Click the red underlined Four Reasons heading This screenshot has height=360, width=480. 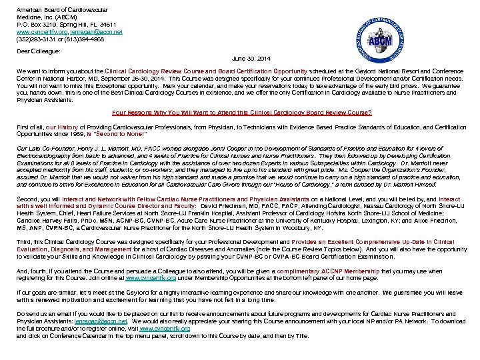point(242,112)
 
